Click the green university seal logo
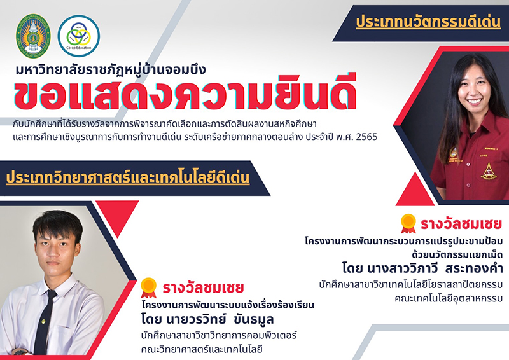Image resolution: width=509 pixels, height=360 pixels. [33, 36]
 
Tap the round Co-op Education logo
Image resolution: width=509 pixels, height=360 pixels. [79, 36]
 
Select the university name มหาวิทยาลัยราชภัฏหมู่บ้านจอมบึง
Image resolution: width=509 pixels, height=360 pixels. [111, 69]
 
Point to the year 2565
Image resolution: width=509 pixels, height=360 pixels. [367, 137]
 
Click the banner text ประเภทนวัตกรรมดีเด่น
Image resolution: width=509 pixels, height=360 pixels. [428, 22]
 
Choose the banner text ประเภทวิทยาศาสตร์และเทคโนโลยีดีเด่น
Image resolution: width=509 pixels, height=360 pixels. [128, 177]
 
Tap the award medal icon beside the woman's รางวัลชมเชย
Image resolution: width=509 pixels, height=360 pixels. [408, 223]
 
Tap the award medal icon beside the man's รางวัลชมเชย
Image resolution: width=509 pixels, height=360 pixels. [149, 287]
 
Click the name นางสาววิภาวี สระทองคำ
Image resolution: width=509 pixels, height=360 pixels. [435, 268]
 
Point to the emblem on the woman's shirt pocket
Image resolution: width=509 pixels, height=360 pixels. [489, 171]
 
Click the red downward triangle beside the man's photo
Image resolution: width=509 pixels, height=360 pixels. [117, 214]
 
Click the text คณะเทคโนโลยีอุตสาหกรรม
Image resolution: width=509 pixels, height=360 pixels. [449, 298]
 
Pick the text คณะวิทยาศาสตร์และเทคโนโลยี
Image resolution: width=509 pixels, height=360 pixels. [202, 350]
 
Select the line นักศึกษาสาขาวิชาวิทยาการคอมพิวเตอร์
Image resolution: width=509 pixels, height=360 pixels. [219, 335]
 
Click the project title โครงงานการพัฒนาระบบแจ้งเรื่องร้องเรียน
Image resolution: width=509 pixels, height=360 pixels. [228, 305]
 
